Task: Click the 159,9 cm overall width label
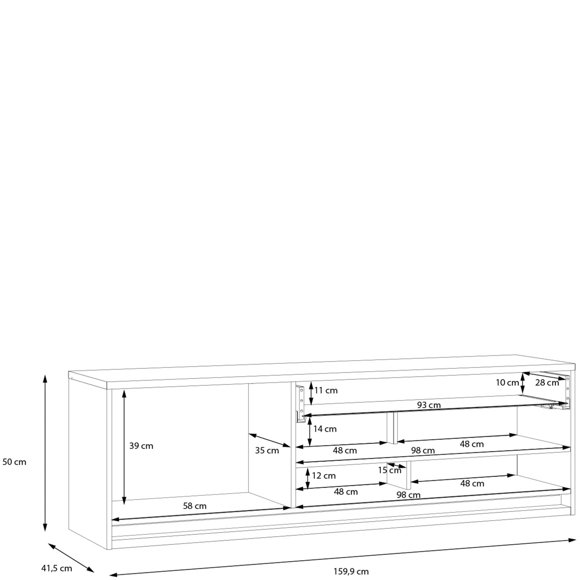click(x=351, y=571)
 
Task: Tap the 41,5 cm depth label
click(x=57, y=568)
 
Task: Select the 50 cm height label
click(x=14, y=462)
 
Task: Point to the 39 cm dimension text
click(x=141, y=446)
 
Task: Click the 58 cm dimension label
click(x=195, y=506)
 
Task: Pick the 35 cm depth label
click(x=267, y=450)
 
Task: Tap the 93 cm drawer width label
click(x=429, y=405)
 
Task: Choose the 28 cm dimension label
click(x=547, y=383)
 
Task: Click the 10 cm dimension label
click(x=507, y=383)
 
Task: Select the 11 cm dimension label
click(x=326, y=390)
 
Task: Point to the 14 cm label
click(x=325, y=429)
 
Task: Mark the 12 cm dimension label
click(x=324, y=476)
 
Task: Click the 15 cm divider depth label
click(x=389, y=470)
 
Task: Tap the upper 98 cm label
click(x=423, y=450)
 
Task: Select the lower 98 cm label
click(x=408, y=495)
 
